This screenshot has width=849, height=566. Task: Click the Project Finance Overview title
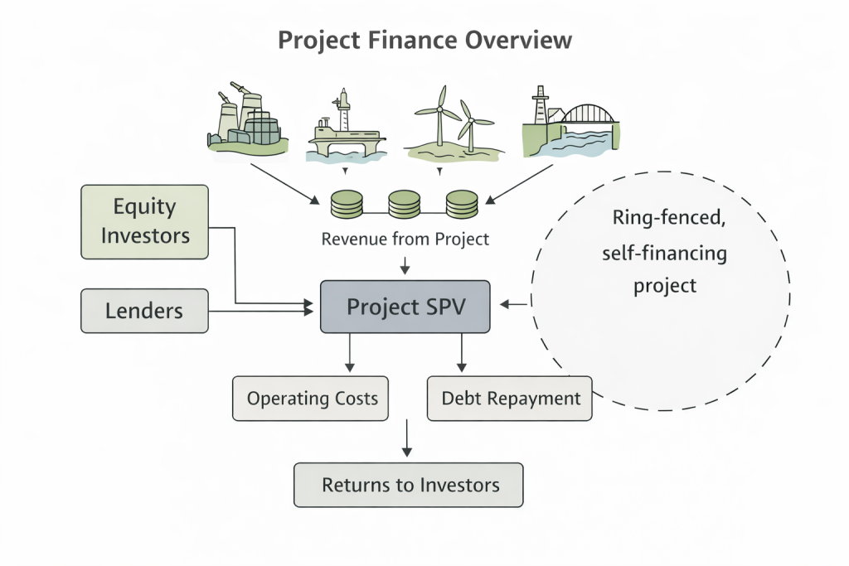[424, 40]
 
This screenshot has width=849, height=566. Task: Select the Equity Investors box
[145, 221]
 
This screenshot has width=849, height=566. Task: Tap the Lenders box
[145, 311]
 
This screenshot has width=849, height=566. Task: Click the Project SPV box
[405, 307]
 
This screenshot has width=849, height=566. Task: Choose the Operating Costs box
[312, 399]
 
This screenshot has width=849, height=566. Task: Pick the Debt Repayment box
[511, 399]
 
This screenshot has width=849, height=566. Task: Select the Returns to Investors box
[410, 485]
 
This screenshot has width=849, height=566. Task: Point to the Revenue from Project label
[405, 239]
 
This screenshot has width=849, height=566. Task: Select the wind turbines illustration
[452, 123]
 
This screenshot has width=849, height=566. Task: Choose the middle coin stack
[405, 203]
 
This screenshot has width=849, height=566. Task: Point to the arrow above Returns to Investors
[406, 439]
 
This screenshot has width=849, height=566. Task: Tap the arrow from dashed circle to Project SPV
[515, 305]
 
